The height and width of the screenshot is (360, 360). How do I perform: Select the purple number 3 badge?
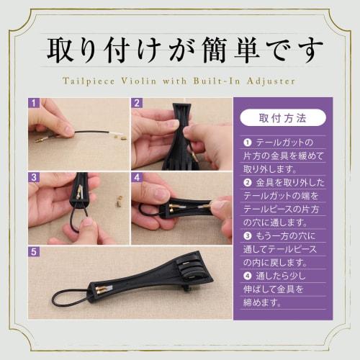34,176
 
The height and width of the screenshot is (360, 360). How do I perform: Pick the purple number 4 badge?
136,176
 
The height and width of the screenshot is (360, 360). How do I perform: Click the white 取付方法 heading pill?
282,117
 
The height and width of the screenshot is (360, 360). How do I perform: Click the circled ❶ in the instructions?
248,143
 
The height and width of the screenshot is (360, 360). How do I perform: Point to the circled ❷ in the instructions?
248,183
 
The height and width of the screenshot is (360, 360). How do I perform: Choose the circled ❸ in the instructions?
248,235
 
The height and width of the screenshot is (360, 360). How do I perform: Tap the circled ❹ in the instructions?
248,276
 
